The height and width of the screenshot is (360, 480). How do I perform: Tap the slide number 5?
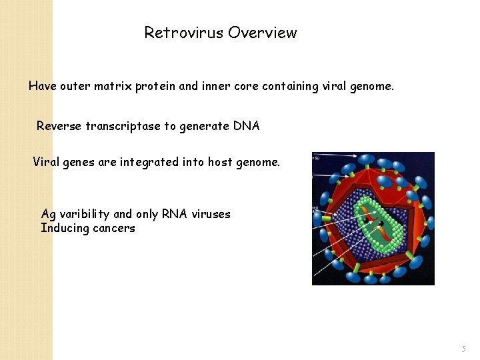coord(464,349)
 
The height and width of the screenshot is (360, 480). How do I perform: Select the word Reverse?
coord(59,126)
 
